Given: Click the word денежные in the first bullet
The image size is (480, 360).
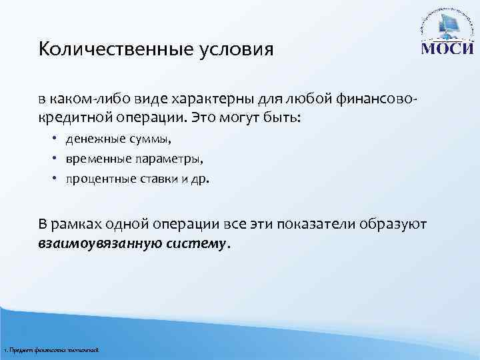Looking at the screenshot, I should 90,140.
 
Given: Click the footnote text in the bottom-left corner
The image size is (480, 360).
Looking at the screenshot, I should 51,350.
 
